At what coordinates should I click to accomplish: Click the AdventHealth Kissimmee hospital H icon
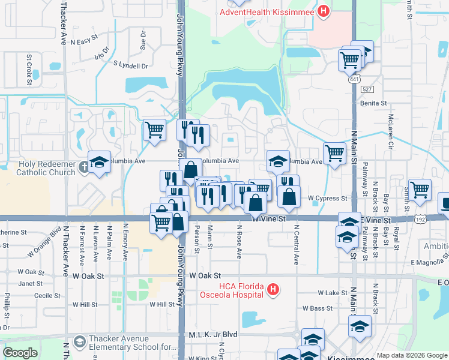[x=324, y=11]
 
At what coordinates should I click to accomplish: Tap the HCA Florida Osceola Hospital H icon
[x=273, y=290]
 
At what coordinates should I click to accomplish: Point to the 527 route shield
[x=367, y=89]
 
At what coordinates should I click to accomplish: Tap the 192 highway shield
[x=419, y=220]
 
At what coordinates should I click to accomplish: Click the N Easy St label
[x=83, y=41]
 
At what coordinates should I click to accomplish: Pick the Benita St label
[x=373, y=103]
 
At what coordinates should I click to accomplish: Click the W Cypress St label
[x=328, y=198]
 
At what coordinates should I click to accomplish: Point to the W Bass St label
[x=318, y=308]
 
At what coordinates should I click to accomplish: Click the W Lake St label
[x=333, y=293]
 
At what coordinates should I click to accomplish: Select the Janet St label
[x=30, y=283]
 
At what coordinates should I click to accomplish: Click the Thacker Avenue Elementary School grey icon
[x=79, y=342]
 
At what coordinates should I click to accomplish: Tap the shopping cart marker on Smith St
[x=420, y=190]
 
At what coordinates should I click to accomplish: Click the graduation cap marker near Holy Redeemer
[x=99, y=161]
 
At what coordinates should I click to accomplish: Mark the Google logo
[x=20, y=353]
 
